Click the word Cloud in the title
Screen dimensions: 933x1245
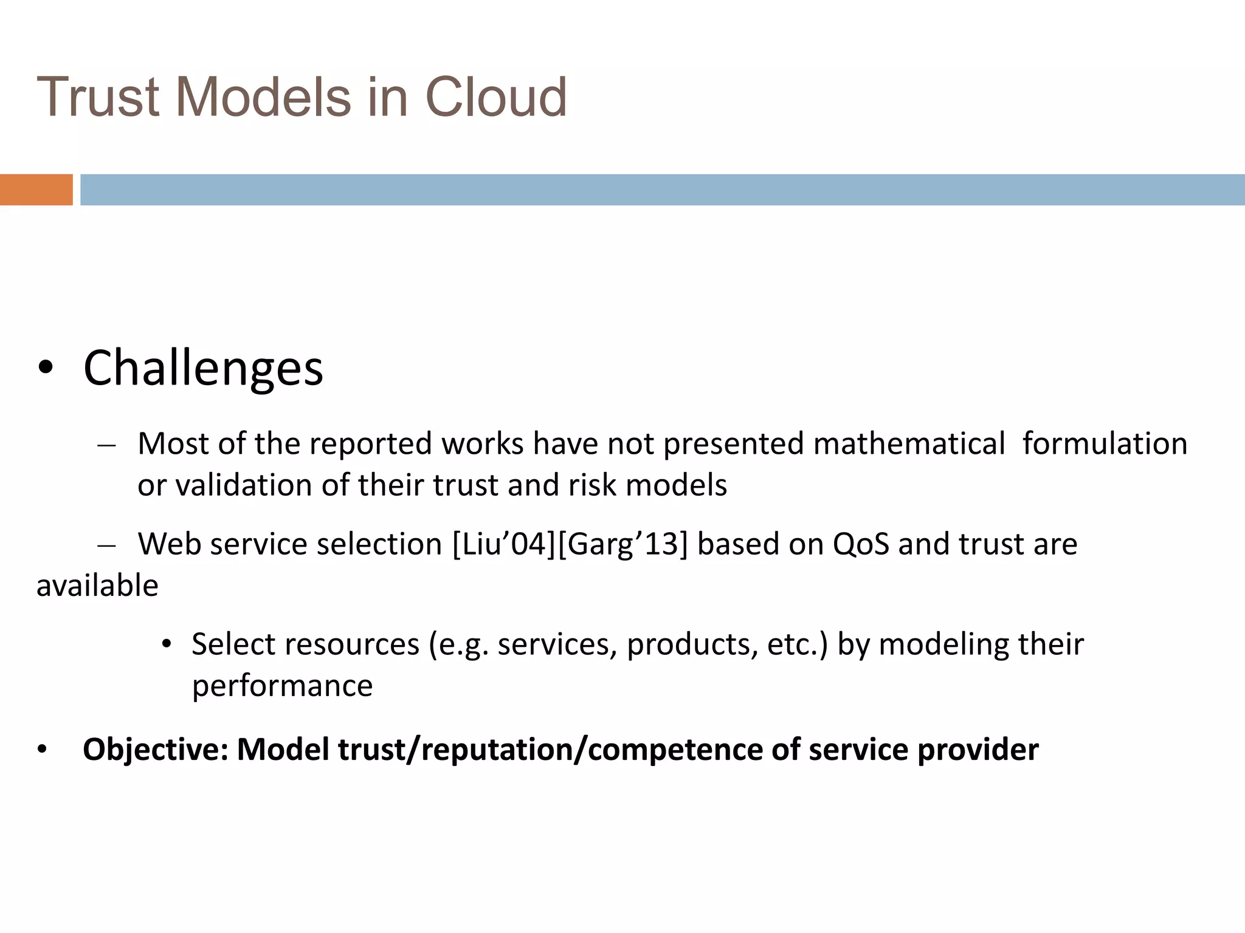[x=495, y=97]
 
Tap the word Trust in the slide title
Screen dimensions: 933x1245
[x=98, y=97]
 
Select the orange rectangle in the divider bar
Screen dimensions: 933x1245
[x=36, y=190]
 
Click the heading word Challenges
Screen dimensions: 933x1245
[x=203, y=368]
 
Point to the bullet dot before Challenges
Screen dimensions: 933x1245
[x=46, y=368]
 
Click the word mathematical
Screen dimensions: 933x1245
[x=909, y=443]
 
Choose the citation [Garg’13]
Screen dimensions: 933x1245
[x=622, y=544]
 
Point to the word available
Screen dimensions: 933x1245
[x=97, y=586]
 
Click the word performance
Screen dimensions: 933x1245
[x=282, y=686]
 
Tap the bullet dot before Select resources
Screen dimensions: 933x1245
[x=167, y=644]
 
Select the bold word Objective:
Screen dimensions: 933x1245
[x=156, y=750]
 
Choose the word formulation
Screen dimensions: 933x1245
[x=1105, y=443]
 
